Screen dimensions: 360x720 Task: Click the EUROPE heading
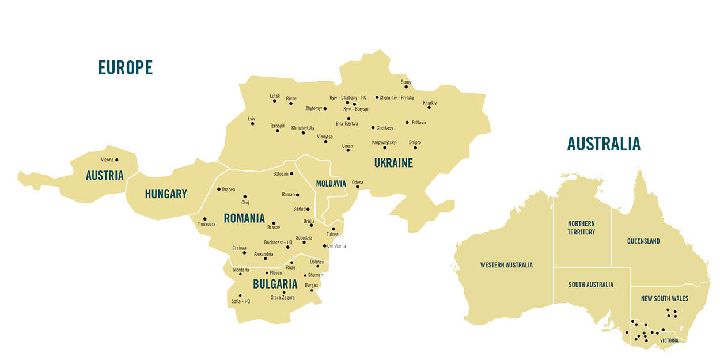coord(126,68)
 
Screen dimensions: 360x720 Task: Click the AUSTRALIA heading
coord(604,143)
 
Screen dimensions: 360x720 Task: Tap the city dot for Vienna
coord(116,160)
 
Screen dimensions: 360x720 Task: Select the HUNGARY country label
coord(166,194)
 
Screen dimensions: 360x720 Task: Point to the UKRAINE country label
coord(393,163)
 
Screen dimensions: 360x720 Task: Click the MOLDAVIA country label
coord(331,184)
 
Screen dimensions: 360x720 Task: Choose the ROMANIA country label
coord(244,218)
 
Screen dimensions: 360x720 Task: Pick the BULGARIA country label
coord(275,284)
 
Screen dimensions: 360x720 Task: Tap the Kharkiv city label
coord(430,103)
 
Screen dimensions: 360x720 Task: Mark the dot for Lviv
coord(252,123)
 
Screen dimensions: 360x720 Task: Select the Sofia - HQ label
coord(241,301)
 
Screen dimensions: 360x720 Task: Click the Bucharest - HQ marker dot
coord(287,247)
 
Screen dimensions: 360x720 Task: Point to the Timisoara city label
coord(206,224)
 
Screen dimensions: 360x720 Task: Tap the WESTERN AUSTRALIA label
coord(506,265)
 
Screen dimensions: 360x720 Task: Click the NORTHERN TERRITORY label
coord(581,228)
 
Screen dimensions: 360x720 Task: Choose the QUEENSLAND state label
coord(643,241)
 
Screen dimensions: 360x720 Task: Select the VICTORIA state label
coord(669,340)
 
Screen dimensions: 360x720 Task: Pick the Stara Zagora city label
coord(283,298)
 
